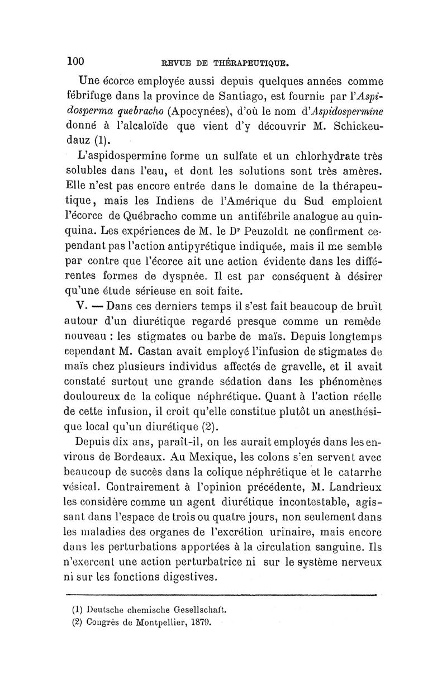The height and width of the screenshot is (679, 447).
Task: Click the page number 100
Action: click(75, 60)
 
